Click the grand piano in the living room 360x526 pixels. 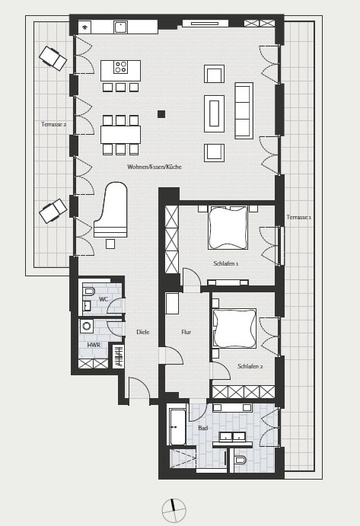click(x=110, y=210)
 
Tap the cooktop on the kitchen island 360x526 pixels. click(x=120, y=67)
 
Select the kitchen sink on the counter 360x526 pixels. click(x=120, y=27)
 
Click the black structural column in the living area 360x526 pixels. click(x=161, y=114)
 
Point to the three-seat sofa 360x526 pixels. click(x=244, y=110)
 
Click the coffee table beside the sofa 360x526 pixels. click(x=214, y=113)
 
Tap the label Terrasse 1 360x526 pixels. click(x=299, y=218)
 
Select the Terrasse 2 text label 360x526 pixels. click(x=54, y=124)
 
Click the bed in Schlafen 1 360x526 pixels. click(x=228, y=228)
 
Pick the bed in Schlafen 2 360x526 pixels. click(x=234, y=328)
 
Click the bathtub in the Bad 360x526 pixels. click(x=177, y=427)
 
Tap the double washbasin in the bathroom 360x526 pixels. click(x=232, y=437)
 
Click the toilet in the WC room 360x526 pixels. click(x=88, y=291)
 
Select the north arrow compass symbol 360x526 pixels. click(x=174, y=510)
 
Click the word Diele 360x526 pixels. click(x=142, y=332)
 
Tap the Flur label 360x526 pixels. click(x=186, y=332)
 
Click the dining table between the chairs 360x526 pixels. click(x=120, y=135)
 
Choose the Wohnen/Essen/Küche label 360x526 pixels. click(x=155, y=167)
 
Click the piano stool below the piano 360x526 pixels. click(x=110, y=244)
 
